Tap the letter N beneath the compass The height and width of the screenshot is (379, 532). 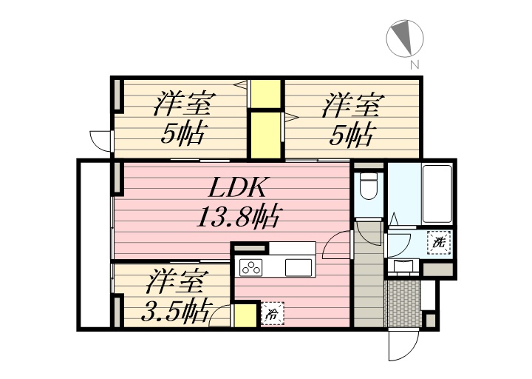(415, 65)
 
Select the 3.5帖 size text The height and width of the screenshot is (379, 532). (173, 309)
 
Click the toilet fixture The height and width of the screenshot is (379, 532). (367, 187)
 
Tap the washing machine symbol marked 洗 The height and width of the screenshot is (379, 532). (439, 241)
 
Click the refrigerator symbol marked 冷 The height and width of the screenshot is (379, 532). (271, 314)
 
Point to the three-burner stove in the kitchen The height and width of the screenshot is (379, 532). (251, 267)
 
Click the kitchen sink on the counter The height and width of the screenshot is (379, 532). (299, 267)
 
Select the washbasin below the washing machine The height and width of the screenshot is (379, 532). (403, 267)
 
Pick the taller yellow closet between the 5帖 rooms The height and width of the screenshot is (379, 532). (265, 134)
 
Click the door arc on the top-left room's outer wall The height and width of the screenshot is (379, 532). (100, 140)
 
